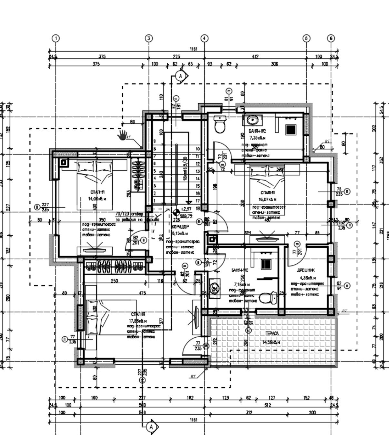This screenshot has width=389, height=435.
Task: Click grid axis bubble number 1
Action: pos(56,38)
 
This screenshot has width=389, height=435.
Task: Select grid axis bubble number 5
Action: pos(306,38)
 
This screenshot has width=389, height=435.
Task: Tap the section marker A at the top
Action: pos(181,76)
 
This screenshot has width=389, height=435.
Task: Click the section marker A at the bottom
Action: pos(151,427)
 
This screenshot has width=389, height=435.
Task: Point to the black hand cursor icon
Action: pos(122,135)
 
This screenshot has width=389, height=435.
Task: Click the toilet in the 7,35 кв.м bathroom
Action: pos(220,125)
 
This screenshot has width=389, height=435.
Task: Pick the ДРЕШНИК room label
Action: pos(305,270)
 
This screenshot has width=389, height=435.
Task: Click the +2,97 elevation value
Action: pos(186,209)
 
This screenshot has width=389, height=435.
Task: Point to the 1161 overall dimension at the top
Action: pos(193,49)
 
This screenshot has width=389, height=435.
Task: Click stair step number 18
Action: pos(198,209)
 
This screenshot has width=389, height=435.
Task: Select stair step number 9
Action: pos(155,141)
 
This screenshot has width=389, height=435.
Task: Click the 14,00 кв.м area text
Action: pos(97,199)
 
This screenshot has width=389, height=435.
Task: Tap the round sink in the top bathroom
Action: pos(252,120)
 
